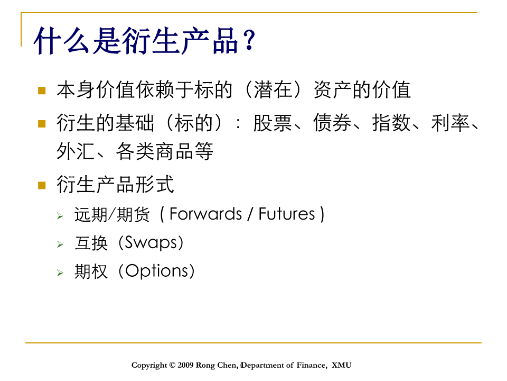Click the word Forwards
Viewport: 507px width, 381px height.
point(205,214)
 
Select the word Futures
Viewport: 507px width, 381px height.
point(287,214)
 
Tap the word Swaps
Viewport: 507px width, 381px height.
point(151,243)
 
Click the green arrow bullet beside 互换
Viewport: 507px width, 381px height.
point(60,244)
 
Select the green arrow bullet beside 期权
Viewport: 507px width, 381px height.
point(60,273)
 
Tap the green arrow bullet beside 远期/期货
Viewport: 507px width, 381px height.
point(60,216)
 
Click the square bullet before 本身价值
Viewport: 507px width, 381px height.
point(42,90)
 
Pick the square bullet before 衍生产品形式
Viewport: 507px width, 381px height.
point(42,185)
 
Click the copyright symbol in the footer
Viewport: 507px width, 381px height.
point(172,365)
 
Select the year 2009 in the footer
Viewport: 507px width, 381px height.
point(185,365)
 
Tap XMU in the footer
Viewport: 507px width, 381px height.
point(342,365)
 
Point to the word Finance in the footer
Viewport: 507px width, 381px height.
point(312,365)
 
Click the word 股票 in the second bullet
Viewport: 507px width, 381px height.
point(273,123)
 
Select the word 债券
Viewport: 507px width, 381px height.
point(332,123)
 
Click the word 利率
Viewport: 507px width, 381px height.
point(450,123)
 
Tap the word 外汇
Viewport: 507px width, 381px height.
point(76,151)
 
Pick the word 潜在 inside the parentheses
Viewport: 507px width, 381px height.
point(273,90)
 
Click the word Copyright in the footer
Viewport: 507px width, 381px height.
point(149,366)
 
